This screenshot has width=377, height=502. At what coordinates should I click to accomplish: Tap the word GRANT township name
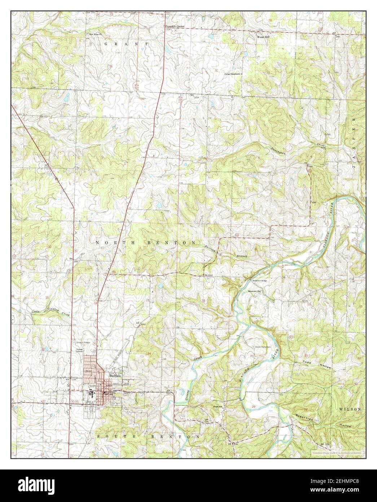126,43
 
